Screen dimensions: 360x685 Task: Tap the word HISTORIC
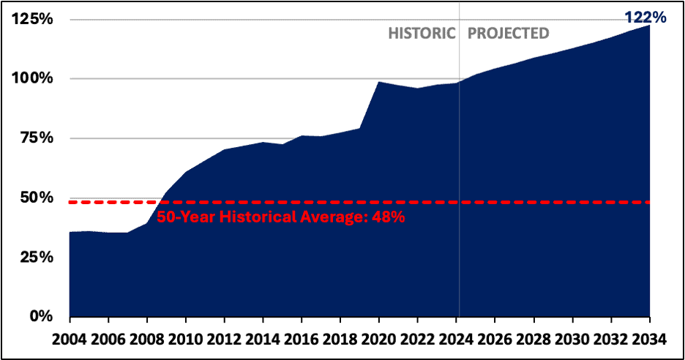point(422,34)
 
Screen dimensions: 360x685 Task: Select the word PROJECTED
point(508,34)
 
